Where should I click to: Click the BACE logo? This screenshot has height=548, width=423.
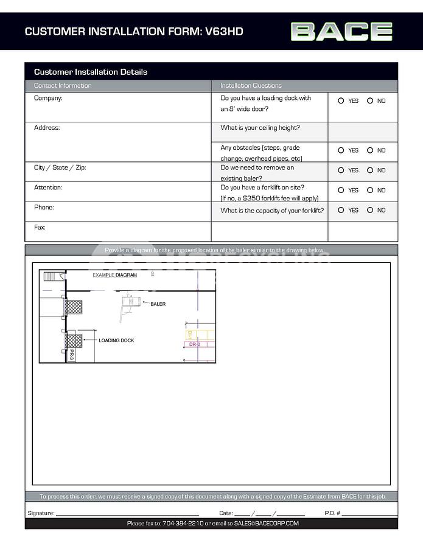point(341,31)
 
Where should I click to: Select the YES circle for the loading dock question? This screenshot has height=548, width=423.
point(341,101)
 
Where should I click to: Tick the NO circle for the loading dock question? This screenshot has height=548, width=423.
point(370,101)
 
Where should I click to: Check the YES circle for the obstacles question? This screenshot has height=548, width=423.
point(341,150)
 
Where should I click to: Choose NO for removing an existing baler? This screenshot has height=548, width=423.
point(370,170)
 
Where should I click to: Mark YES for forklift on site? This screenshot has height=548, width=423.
point(341,190)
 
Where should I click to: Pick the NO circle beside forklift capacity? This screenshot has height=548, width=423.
point(370,210)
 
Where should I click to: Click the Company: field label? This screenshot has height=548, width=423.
point(48,98)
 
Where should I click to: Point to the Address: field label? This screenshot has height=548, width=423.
point(47,128)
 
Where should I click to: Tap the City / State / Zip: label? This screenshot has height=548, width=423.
point(60,167)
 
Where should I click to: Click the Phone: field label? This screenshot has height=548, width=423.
point(44,208)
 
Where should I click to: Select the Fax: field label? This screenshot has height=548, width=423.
point(40,227)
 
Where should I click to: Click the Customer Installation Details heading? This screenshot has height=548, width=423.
point(91,72)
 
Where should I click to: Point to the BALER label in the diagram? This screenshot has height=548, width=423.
point(158,304)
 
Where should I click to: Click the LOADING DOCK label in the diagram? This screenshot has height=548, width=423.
point(116,340)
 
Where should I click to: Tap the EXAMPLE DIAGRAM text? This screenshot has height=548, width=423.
point(114,275)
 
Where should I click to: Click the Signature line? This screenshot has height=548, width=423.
point(128,513)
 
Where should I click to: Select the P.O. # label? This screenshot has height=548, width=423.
point(332,513)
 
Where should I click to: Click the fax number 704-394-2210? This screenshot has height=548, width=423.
point(183,524)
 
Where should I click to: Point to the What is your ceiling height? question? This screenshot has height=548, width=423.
point(260,128)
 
